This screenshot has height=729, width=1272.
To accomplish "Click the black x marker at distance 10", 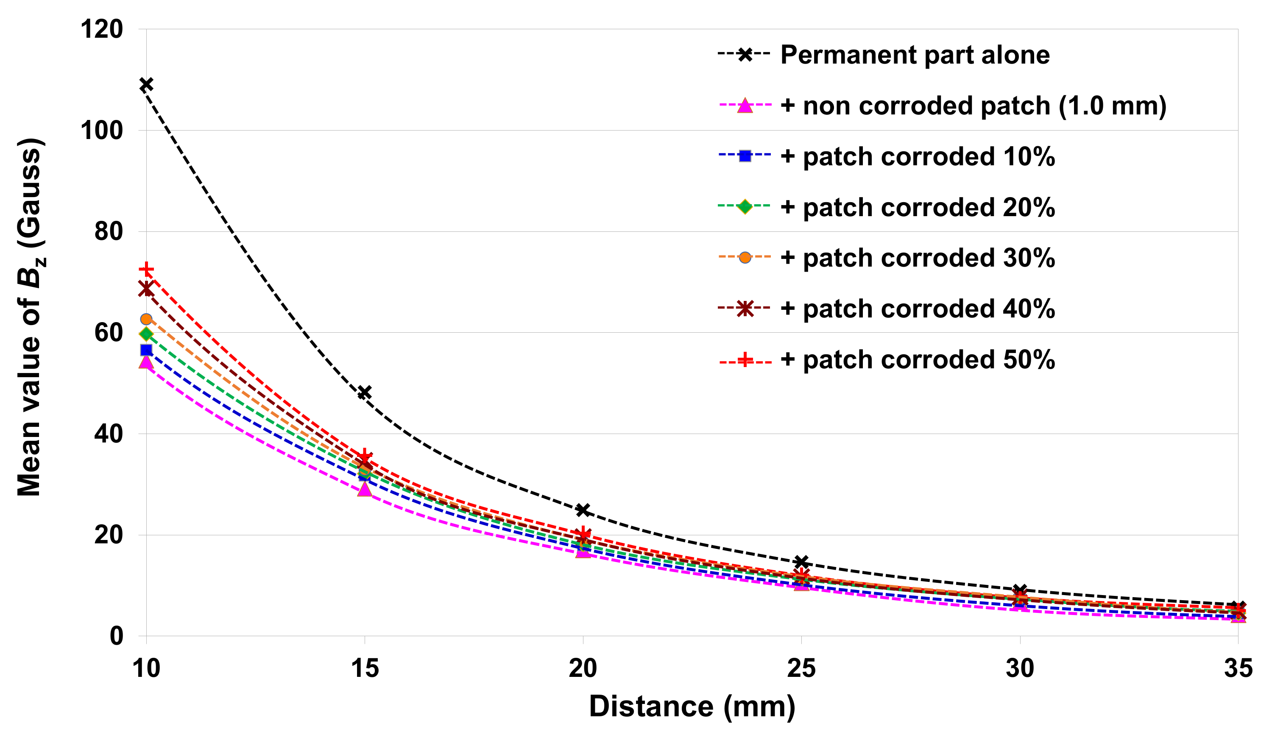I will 146,85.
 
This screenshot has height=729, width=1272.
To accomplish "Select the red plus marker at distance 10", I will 146,270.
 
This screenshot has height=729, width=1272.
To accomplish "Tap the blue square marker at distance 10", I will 146,350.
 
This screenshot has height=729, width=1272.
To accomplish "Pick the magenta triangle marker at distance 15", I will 365,489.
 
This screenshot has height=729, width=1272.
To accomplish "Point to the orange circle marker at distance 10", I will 146,319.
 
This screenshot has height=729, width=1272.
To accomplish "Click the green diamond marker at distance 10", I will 146,334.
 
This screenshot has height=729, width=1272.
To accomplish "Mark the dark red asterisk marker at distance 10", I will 146,289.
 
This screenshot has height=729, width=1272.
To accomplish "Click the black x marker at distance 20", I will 583,510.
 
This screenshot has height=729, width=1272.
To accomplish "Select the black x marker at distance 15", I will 365,392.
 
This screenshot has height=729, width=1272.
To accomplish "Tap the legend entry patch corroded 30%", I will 918,258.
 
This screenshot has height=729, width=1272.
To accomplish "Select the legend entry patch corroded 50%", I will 918,359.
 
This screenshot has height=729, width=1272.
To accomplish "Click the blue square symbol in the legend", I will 745,156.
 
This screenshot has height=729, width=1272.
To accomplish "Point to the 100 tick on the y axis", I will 102,131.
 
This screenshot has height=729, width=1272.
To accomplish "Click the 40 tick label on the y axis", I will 108,434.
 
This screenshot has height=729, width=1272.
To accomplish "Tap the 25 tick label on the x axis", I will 801,668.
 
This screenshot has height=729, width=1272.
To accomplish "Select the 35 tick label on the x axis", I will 1238,668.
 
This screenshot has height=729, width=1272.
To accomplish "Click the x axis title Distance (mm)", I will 692,707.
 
